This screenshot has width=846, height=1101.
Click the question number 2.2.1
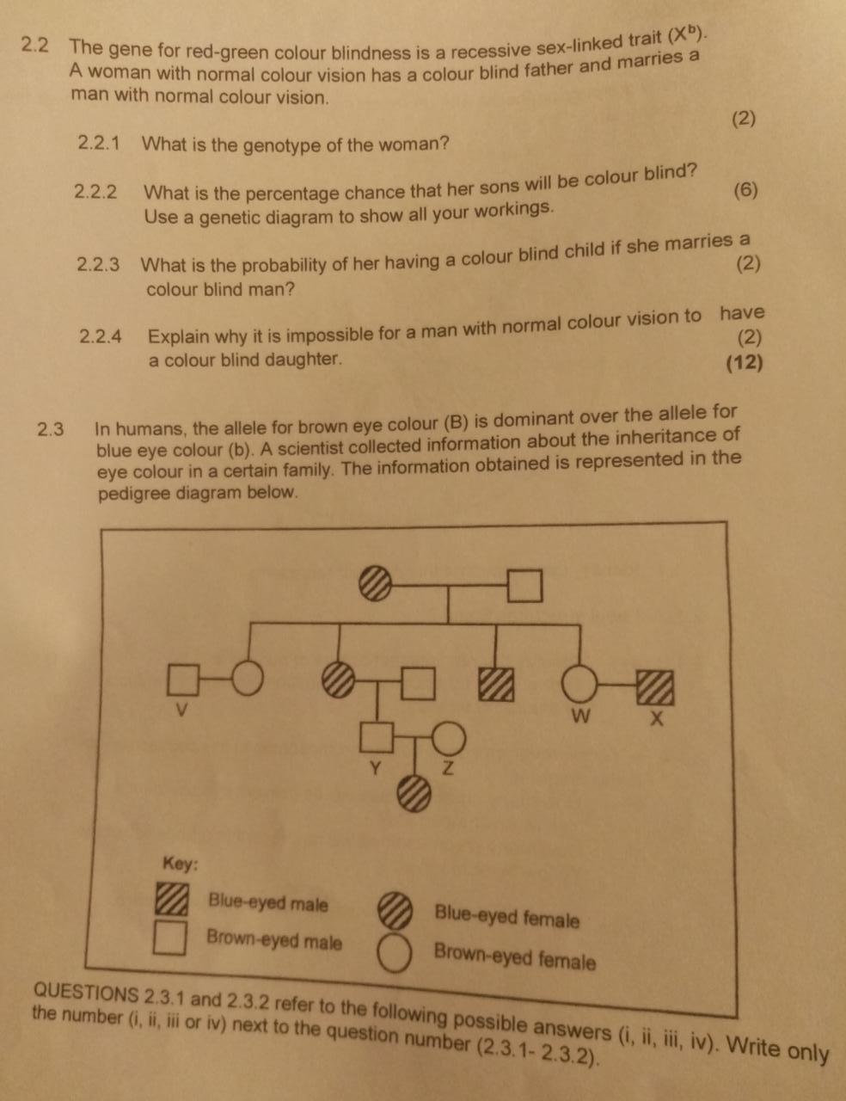pyautogui.click(x=99, y=143)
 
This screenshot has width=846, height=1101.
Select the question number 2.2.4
pyautogui.click(x=101, y=335)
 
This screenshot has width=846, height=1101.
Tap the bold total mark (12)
pyautogui.click(x=744, y=362)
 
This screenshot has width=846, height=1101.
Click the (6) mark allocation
pyautogui.click(x=746, y=190)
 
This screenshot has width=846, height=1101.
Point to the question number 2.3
pyautogui.click(x=52, y=428)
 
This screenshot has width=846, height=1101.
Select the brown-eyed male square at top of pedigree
pyautogui.click(x=524, y=587)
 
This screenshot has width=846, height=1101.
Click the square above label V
pyautogui.click(x=181, y=678)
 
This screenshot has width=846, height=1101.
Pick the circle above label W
pyautogui.click(x=580, y=686)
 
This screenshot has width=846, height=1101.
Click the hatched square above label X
pyautogui.click(x=655, y=687)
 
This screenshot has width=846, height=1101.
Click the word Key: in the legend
pyautogui.click(x=181, y=863)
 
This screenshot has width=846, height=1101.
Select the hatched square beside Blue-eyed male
pyautogui.click(x=171, y=900)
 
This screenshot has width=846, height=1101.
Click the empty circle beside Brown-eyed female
pyautogui.click(x=395, y=953)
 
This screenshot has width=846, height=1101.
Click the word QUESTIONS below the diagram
pyautogui.click(x=86, y=993)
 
